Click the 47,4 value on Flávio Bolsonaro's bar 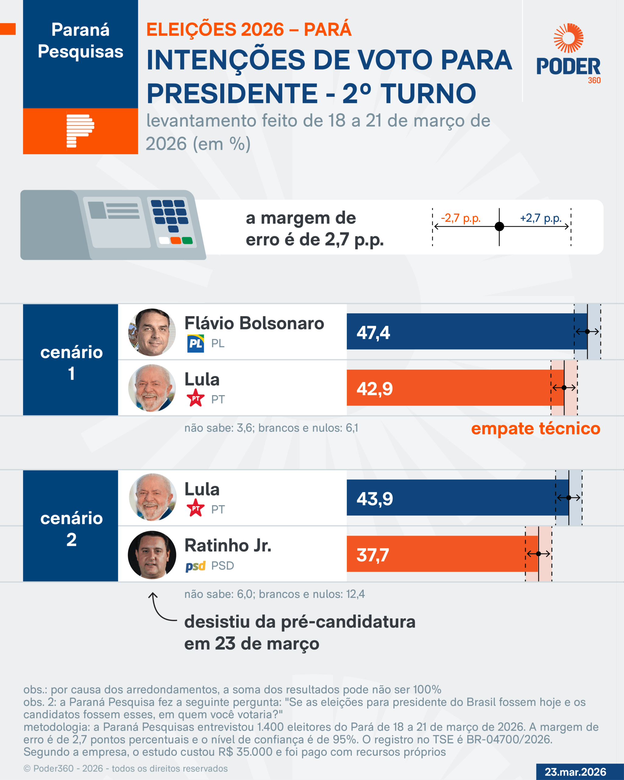pyautogui.click(x=373, y=332)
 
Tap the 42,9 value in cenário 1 pyautogui.click(x=374, y=389)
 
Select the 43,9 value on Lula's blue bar pyautogui.click(x=374, y=499)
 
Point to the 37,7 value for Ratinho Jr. pyautogui.click(x=373, y=555)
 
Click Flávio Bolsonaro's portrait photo pyautogui.click(x=152, y=332)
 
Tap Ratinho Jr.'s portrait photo pyautogui.click(x=152, y=555)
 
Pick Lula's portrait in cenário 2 pyautogui.click(x=153, y=497)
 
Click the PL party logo pyautogui.click(x=195, y=343)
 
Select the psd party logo pyautogui.click(x=195, y=566)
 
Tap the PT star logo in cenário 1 pyautogui.click(x=196, y=398)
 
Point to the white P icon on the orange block pyautogui.click(x=80, y=131)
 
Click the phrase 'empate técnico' pyautogui.click(x=535, y=428)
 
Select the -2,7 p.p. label pyautogui.click(x=460, y=218)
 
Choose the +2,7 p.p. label pyautogui.click(x=541, y=218)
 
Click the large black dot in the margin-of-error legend pyautogui.click(x=499, y=226)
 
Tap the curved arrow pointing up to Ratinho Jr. pyautogui.click(x=159, y=608)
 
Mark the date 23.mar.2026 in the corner pyautogui.click(x=575, y=772)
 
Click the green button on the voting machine pyautogui.click(x=187, y=241)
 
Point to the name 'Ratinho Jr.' pyautogui.click(x=228, y=546)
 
